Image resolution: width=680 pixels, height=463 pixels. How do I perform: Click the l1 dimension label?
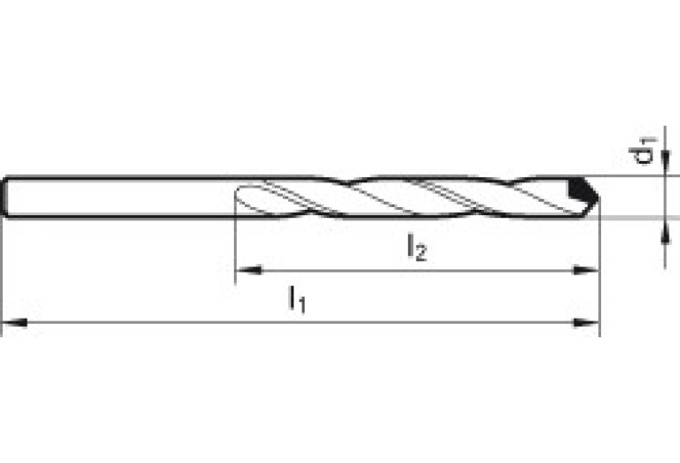click(296, 300)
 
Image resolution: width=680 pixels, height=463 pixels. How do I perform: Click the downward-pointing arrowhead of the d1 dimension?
click(664, 166)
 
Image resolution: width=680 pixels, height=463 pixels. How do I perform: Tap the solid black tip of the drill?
click(580, 189)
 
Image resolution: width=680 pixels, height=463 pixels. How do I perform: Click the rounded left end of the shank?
click(7, 197)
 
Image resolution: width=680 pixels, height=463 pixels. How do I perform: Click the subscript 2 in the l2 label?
click(422, 253)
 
